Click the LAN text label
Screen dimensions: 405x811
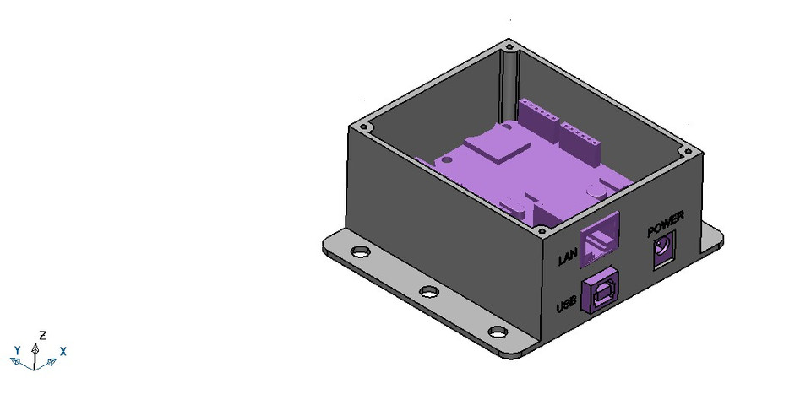(x=567, y=256)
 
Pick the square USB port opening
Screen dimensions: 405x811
(x=601, y=291)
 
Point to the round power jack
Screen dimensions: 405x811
(x=663, y=251)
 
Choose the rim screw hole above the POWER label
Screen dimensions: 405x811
(x=689, y=152)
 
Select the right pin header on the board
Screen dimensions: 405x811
(x=580, y=135)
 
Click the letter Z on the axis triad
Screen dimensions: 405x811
(x=42, y=335)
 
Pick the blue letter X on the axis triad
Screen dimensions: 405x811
(x=63, y=350)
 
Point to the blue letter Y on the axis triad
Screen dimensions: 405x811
(x=18, y=349)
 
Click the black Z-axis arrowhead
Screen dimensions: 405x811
(x=35, y=346)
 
